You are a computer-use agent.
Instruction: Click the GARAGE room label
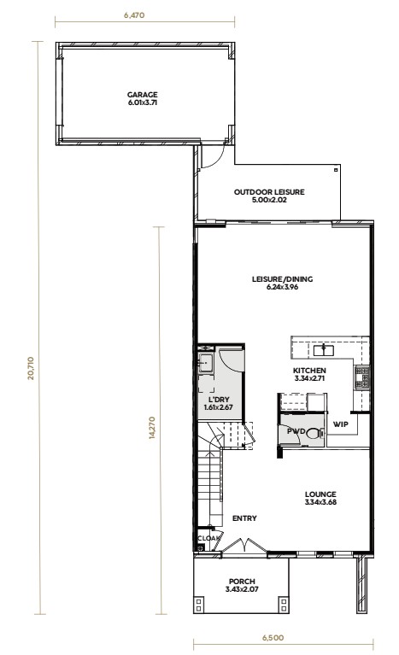[143, 95]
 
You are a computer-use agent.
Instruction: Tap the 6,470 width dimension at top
[134, 15]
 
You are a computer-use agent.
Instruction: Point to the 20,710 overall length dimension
[31, 368]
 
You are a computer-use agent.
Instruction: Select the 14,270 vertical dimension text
[151, 427]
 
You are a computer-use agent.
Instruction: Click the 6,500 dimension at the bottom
[273, 638]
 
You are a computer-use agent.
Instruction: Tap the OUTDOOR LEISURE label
[269, 192]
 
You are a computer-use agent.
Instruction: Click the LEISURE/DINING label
[283, 279]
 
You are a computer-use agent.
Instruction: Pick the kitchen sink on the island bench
[324, 349]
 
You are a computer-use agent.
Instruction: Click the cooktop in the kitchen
[361, 377]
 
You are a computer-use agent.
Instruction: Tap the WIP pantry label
[341, 424]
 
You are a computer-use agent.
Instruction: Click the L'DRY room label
[219, 400]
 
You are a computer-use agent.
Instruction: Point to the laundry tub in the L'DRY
[205, 363]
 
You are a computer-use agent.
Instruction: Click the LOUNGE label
[320, 494]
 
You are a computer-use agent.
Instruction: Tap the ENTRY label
[244, 518]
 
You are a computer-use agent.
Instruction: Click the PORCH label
[242, 582]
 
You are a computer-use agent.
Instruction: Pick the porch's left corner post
[199, 605]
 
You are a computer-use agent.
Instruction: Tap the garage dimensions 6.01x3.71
[143, 102]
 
